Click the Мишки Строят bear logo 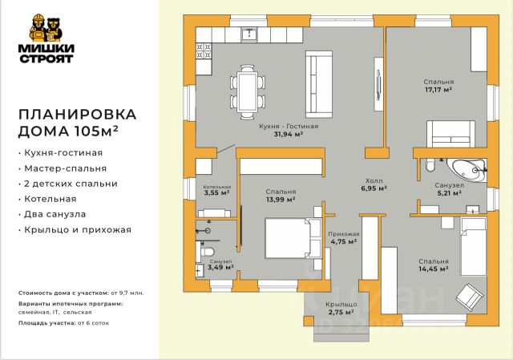click(x=46, y=38)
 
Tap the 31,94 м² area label click(x=288, y=134)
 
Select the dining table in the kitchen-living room click(x=248, y=92)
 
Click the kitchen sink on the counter click(x=249, y=34)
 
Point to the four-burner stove click(x=204, y=51)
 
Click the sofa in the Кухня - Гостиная click(x=319, y=84)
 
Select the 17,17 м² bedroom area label click(x=438, y=90)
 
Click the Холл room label click(x=374, y=180)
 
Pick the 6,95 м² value click(x=374, y=188)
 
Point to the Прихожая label click(x=344, y=234)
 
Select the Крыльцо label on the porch click(x=341, y=305)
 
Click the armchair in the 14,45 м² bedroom click(x=470, y=297)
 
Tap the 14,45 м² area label click(x=434, y=269)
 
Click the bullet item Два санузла click(x=52, y=214)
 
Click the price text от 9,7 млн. click(x=127, y=293)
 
